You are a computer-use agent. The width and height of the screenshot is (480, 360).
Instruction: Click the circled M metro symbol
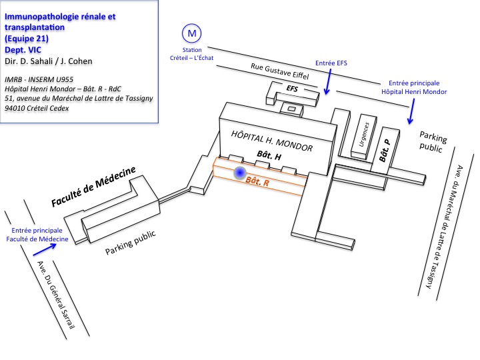tap(191, 33)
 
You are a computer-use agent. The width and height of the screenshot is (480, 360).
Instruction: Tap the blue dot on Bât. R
tap(240, 173)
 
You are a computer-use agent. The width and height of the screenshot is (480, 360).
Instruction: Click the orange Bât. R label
tap(257, 181)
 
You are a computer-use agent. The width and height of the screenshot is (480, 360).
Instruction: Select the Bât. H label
tap(269, 155)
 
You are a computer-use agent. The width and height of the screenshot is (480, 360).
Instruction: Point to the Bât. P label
tap(385, 150)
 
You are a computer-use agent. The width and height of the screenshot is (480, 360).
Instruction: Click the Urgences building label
tap(364, 135)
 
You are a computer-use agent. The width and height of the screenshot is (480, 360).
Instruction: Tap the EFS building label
tap(292, 89)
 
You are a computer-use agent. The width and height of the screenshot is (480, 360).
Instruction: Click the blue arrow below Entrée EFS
tap(329, 81)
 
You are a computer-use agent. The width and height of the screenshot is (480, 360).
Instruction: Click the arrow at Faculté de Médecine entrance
tap(45, 249)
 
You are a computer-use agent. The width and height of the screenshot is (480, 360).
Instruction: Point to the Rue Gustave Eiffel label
tap(280, 71)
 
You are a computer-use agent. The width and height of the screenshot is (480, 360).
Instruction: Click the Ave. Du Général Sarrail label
tap(56, 295)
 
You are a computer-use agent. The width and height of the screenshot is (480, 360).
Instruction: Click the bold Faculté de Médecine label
tap(93, 187)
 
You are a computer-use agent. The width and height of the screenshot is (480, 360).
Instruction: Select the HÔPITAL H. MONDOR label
tap(272, 141)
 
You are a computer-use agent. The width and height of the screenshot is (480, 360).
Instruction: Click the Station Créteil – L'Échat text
tap(191, 54)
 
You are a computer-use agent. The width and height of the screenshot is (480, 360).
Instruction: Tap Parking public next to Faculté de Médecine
tap(131, 243)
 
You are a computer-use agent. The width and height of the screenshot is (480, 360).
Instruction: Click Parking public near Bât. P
tap(433, 142)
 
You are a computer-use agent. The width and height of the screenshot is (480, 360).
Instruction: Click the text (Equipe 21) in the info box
tap(27, 39)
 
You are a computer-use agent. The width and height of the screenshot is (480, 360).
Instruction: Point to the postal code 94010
tap(15, 108)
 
